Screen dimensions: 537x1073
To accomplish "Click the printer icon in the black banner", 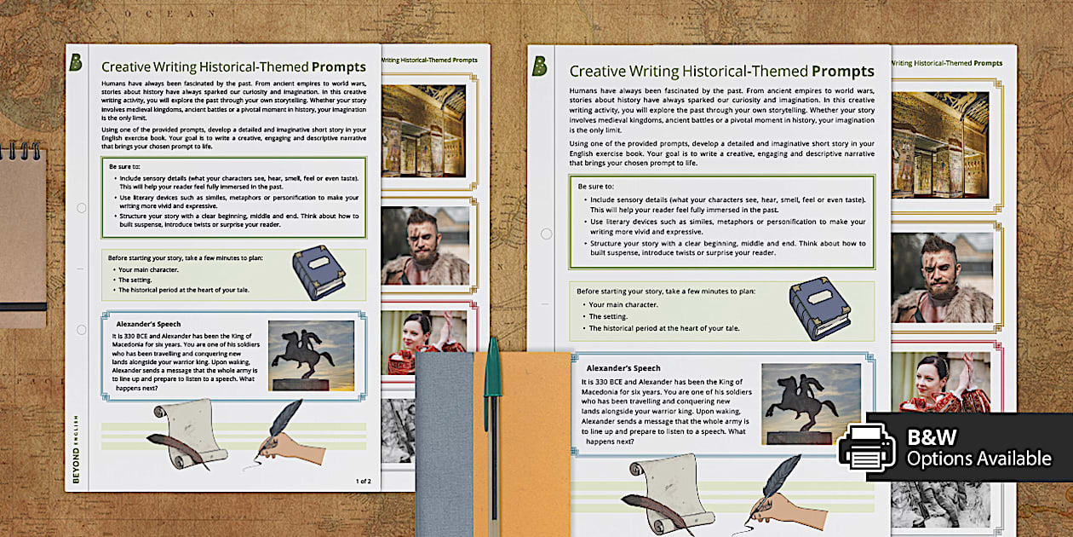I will [x=866, y=447].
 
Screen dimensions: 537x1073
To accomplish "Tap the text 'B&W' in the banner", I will [x=932, y=437].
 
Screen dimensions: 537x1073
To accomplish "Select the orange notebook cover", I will [x=532, y=443].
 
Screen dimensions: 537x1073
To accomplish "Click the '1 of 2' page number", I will [x=363, y=481].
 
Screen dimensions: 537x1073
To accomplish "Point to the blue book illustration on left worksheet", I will [x=318, y=273].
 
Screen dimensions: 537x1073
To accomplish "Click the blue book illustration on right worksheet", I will [x=819, y=308].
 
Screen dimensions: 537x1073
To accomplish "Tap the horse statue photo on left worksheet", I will [x=311, y=355].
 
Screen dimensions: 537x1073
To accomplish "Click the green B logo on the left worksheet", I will [x=76, y=61].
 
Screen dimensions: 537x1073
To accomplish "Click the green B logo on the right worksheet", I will [x=539, y=66].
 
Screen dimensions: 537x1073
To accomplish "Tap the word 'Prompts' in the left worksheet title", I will [x=338, y=66].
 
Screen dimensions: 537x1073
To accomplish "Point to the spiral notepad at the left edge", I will [x=20, y=230].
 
